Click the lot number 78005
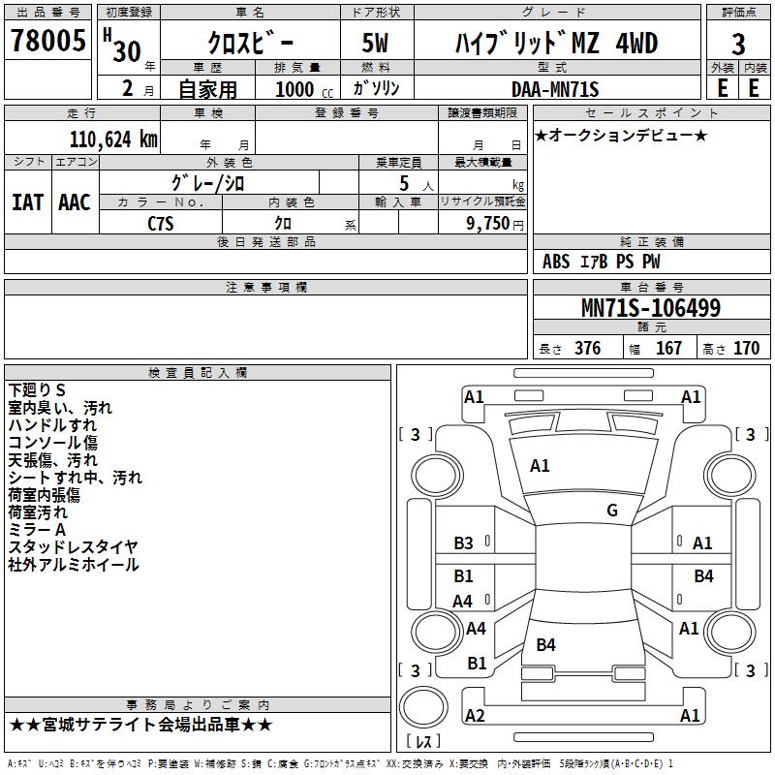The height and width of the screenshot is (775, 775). click(x=47, y=40)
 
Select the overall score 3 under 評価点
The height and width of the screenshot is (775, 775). click(x=738, y=44)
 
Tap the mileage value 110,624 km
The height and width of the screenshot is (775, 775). click(x=113, y=139)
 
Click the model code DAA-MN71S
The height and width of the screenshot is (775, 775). click(x=555, y=89)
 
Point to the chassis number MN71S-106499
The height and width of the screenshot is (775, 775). click(x=651, y=308)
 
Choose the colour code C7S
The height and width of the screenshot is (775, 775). click(x=161, y=224)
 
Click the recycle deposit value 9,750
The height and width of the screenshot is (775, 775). click(x=488, y=223)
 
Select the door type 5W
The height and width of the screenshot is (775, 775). click(x=375, y=43)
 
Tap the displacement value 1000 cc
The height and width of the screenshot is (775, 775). click(x=304, y=89)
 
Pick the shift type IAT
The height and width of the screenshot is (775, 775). click(x=28, y=202)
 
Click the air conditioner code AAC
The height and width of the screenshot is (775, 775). click(x=75, y=202)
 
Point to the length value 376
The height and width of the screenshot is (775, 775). click(x=588, y=348)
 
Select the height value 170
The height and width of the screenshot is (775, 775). click(x=746, y=348)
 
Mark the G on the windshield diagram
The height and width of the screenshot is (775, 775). click(x=612, y=510)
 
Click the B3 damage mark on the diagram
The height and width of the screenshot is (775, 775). click(x=463, y=543)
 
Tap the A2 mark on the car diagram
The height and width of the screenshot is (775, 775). click(x=475, y=715)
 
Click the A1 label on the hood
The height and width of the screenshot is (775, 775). click(x=540, y=466)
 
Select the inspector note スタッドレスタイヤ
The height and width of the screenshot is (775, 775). click(x=73, y=546)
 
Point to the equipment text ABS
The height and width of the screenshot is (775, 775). click(x=556, y=262)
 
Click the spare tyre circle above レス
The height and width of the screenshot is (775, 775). click(x=423, y=707)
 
